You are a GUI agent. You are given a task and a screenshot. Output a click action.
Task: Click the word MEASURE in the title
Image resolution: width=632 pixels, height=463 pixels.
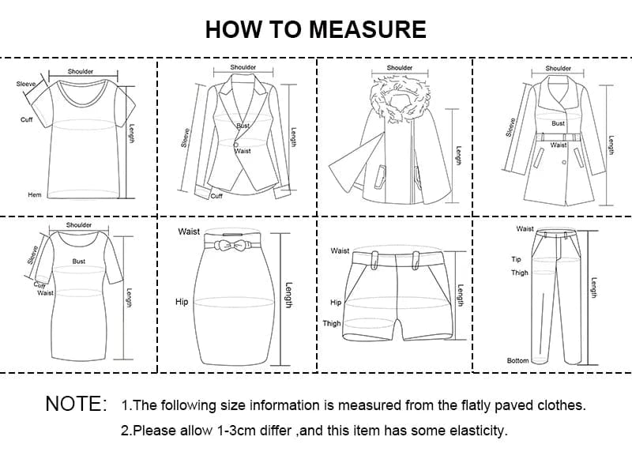367,29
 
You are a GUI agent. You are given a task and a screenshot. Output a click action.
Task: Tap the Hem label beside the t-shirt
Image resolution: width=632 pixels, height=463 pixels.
34,194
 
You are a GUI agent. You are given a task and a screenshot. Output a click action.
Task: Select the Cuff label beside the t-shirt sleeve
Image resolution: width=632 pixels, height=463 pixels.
26,119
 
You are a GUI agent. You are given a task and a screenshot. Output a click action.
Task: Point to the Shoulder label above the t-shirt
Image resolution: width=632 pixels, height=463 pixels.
81,72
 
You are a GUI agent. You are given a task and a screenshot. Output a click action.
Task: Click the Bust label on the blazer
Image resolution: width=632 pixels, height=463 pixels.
243,126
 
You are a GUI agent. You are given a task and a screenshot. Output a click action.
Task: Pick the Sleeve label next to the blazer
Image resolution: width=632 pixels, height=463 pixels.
186,138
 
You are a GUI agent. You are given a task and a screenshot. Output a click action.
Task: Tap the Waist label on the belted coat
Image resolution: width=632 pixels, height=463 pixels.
559,145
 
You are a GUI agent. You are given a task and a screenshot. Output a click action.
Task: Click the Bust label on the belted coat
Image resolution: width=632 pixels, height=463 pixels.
559,123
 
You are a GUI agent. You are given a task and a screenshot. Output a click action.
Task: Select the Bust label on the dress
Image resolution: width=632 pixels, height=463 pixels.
79,261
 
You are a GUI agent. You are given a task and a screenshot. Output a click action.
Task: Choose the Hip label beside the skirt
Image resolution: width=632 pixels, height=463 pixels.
181,302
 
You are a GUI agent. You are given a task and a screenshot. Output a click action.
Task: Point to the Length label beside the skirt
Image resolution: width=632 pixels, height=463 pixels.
289,295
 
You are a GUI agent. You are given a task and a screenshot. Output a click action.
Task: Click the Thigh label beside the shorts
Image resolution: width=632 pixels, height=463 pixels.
332,324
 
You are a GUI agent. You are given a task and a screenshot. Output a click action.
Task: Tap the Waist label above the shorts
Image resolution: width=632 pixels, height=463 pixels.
340,250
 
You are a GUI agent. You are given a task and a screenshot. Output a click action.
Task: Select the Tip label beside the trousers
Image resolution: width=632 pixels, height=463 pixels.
517,259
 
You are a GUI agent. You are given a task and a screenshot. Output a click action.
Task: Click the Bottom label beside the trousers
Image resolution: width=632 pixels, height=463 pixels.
517,360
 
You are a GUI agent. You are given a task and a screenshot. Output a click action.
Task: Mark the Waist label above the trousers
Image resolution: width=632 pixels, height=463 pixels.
525,229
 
